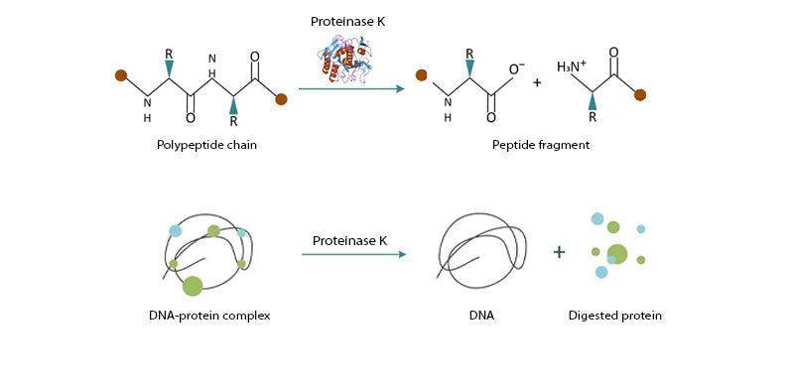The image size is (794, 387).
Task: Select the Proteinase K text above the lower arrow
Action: click(x=351, y=240)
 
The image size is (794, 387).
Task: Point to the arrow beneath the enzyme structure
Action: click(x=351, y=89)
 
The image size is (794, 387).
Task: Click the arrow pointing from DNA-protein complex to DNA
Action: click(x=353, y=255)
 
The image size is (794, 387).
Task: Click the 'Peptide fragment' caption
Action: click(x=541, y=145)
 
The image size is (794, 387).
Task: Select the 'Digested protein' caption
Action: click(x=614, y=317)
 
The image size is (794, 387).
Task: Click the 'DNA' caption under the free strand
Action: click(x=482, y=317)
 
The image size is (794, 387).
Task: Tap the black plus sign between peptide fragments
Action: click(x=537, y=82)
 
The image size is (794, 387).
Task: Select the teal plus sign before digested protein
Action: click(x=559, y=253)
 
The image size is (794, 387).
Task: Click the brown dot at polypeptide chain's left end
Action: click(x=120, y=74)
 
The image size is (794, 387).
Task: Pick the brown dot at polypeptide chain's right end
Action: click(x=281, y=98)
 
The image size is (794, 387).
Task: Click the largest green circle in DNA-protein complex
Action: click(x=193, y=286)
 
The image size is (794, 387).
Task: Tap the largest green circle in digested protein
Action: click(x=617, y=254)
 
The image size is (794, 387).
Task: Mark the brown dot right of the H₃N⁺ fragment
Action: click(x=640, y=95)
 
